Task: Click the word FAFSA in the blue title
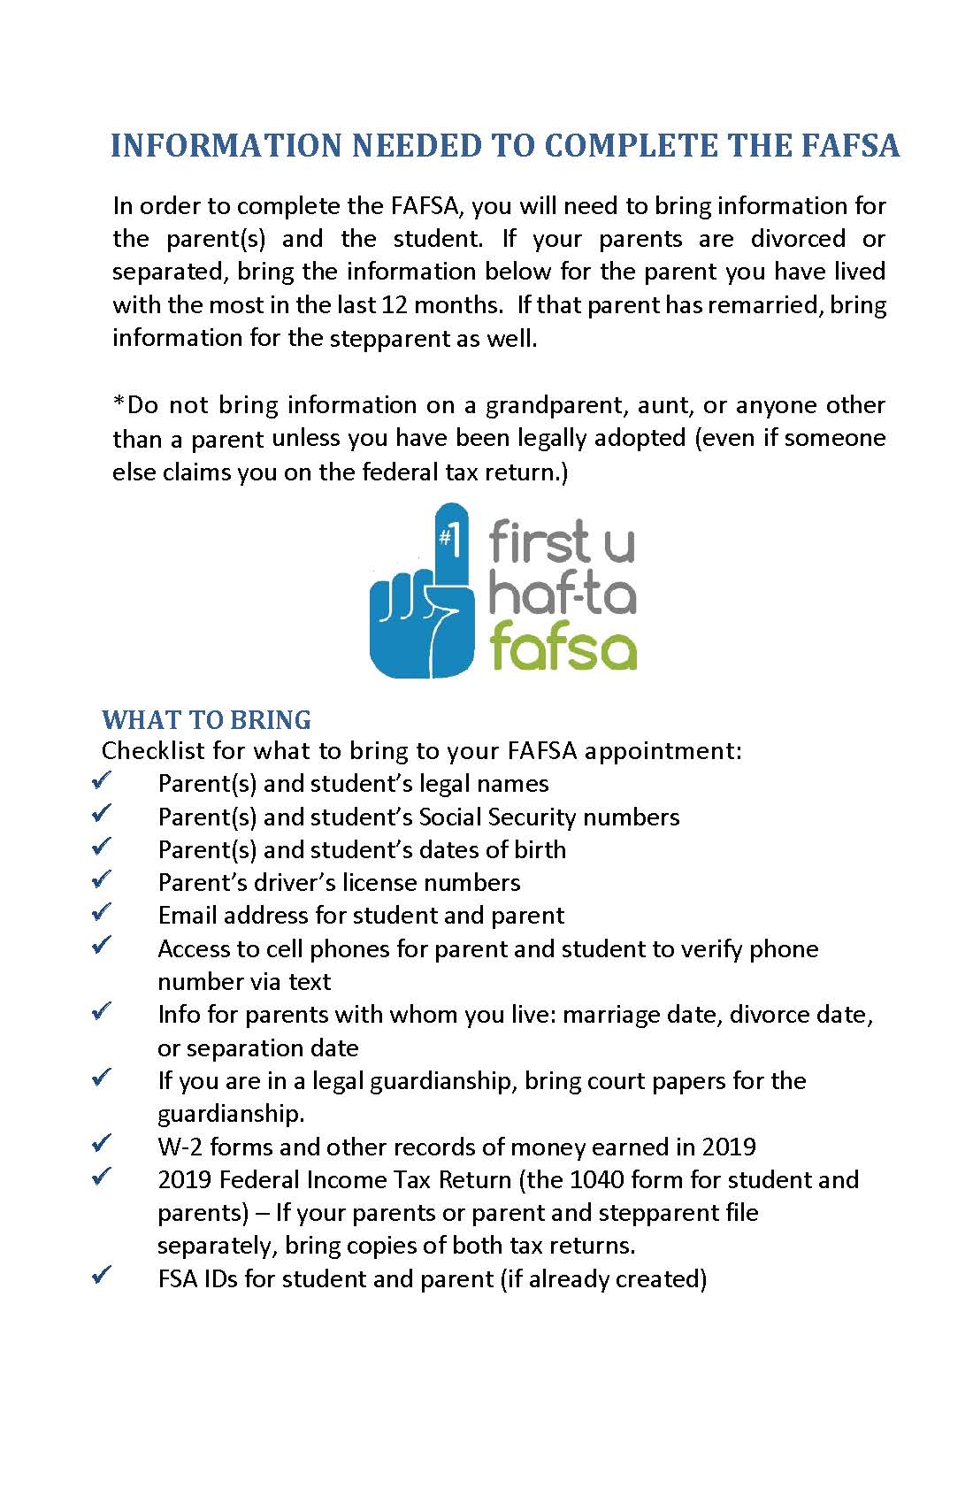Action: point(850,146)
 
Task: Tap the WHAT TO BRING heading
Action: point(206,720)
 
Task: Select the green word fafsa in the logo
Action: point(563,647)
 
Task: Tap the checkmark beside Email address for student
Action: point(102,911)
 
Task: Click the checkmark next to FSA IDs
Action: point(102,1275)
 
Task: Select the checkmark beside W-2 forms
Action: point(102,1143)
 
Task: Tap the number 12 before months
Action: point(394,305)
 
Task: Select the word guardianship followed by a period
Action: point(231,1114)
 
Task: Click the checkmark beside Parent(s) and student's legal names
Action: point(102,780)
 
